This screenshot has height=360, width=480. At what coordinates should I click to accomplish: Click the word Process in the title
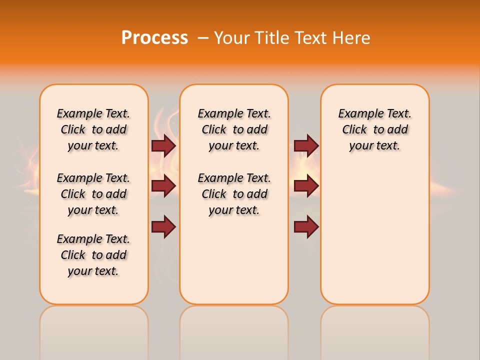[x=154, y=38]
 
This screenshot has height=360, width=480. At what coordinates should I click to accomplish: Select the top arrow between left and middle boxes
[x=163, y=145]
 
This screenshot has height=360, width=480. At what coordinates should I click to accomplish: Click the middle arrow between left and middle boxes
[x=163, y=186]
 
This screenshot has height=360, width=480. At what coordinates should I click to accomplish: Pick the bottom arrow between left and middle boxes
[x=163, y=226]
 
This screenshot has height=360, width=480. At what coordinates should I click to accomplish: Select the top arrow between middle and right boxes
[x=306, y=145]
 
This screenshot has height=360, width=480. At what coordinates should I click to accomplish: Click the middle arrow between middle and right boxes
[x=306, y=186]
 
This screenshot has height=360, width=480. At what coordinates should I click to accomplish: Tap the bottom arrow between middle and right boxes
[x=306, y=226]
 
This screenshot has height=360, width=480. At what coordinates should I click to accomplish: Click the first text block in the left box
[x=93, y=129]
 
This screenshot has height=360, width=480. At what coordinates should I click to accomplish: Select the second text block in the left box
[x=93, y=194]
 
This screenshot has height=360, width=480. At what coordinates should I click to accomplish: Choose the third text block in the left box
[x=93, y=255]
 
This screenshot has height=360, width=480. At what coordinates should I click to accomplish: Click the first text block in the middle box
[x=234, y=129]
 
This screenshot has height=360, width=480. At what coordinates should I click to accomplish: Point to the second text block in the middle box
[x=234, y=194]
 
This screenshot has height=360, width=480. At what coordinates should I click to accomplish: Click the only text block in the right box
[x=374, y=129]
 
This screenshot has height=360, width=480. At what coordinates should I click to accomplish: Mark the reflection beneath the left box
[x=94, y=330]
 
